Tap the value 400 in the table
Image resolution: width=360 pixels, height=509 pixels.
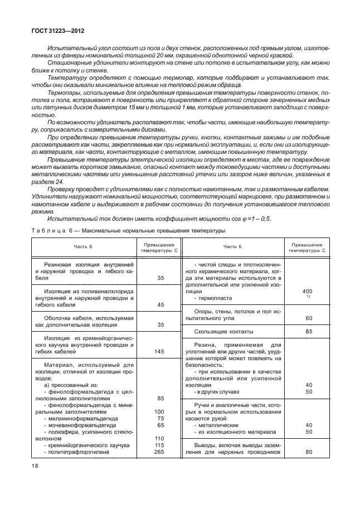coord(307,291)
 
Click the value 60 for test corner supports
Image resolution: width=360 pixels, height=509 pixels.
coord(308,318)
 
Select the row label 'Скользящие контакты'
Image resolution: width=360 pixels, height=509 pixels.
coord(221,331)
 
